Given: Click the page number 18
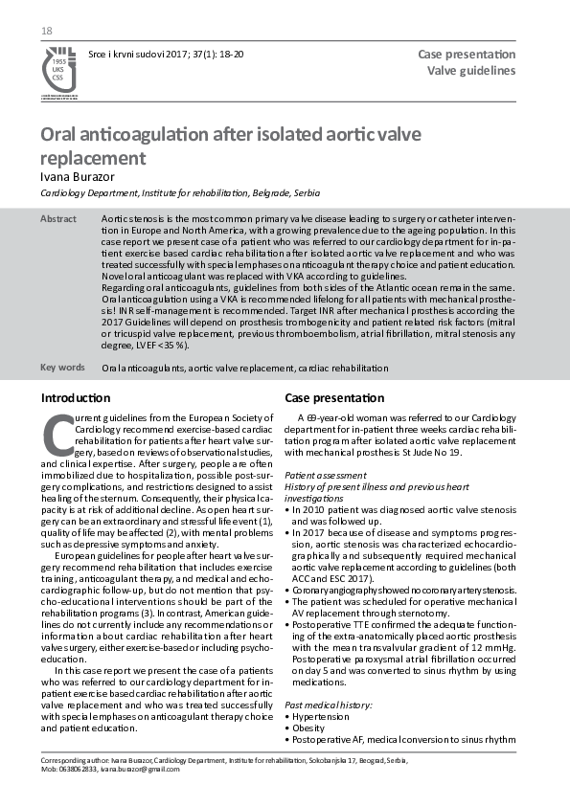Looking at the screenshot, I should pyautogui.click(x=46, y=33).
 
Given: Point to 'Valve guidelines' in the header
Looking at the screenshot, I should pyautogui.click(x=471, y=70).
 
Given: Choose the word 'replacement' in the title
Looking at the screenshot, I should pyautogui.click(x=93, y=157).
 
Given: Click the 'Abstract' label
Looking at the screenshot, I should pyautogui.click(x=57, y=219).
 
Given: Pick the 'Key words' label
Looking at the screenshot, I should pyautogui.click(x=61, y=367).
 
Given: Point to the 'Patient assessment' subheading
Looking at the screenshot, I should pyautogui.click(x=326, y=475).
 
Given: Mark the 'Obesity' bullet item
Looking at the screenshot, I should pyautogui.click(x=311, y=728).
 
